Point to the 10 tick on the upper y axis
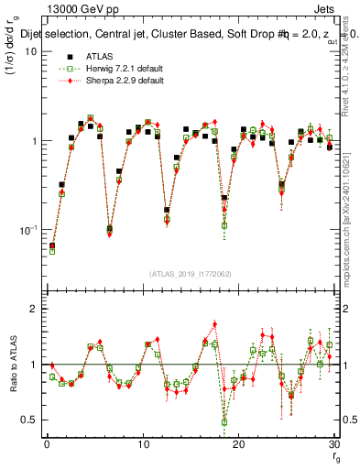pyautogui.click(x=30, y=52)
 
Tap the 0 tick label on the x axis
pyautogui.click(x=47, y=444)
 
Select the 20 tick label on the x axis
pyautogui.click(x=238, y=444)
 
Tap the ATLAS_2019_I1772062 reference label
pyautogui.click(x=191, y=274)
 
